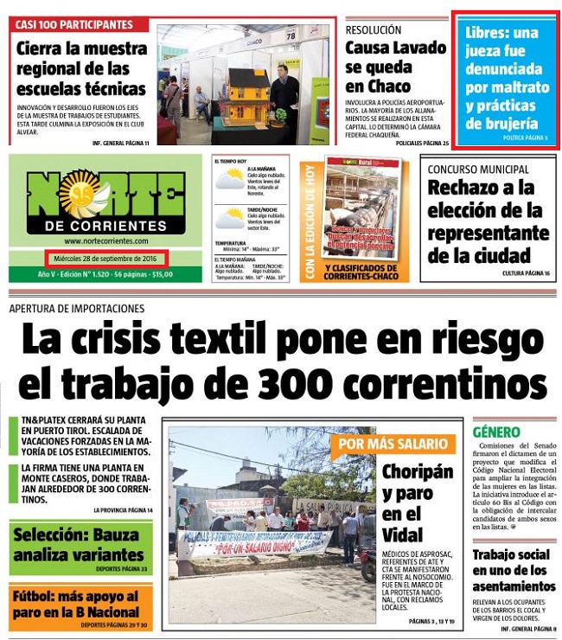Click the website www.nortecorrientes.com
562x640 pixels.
pyautogui.click(x=105, y=241)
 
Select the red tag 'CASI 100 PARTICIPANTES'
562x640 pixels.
pyautogui.click(x=74, y=24)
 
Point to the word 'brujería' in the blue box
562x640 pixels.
pyautogui.click(x=501, y=124)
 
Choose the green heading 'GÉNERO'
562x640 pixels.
pyautogui.click(x=496, y=432)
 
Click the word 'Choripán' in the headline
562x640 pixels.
pyautogui.click(x=418, y=472)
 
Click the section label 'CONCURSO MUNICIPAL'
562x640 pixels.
pyautogui.click(x=478, y=170)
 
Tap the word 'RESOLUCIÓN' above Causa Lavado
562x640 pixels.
pyautogui.click(x=374, y=29)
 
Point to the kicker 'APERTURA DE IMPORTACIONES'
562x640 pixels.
pyautogui.click(x=77, y=309)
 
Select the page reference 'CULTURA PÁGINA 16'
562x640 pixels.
pyautogui.click(x=526, y=273)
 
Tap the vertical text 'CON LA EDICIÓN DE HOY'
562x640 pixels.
pyautogui.click(x=309, y=221)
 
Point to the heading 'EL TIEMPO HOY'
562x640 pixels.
pyautogui.click(x=231, y=160)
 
